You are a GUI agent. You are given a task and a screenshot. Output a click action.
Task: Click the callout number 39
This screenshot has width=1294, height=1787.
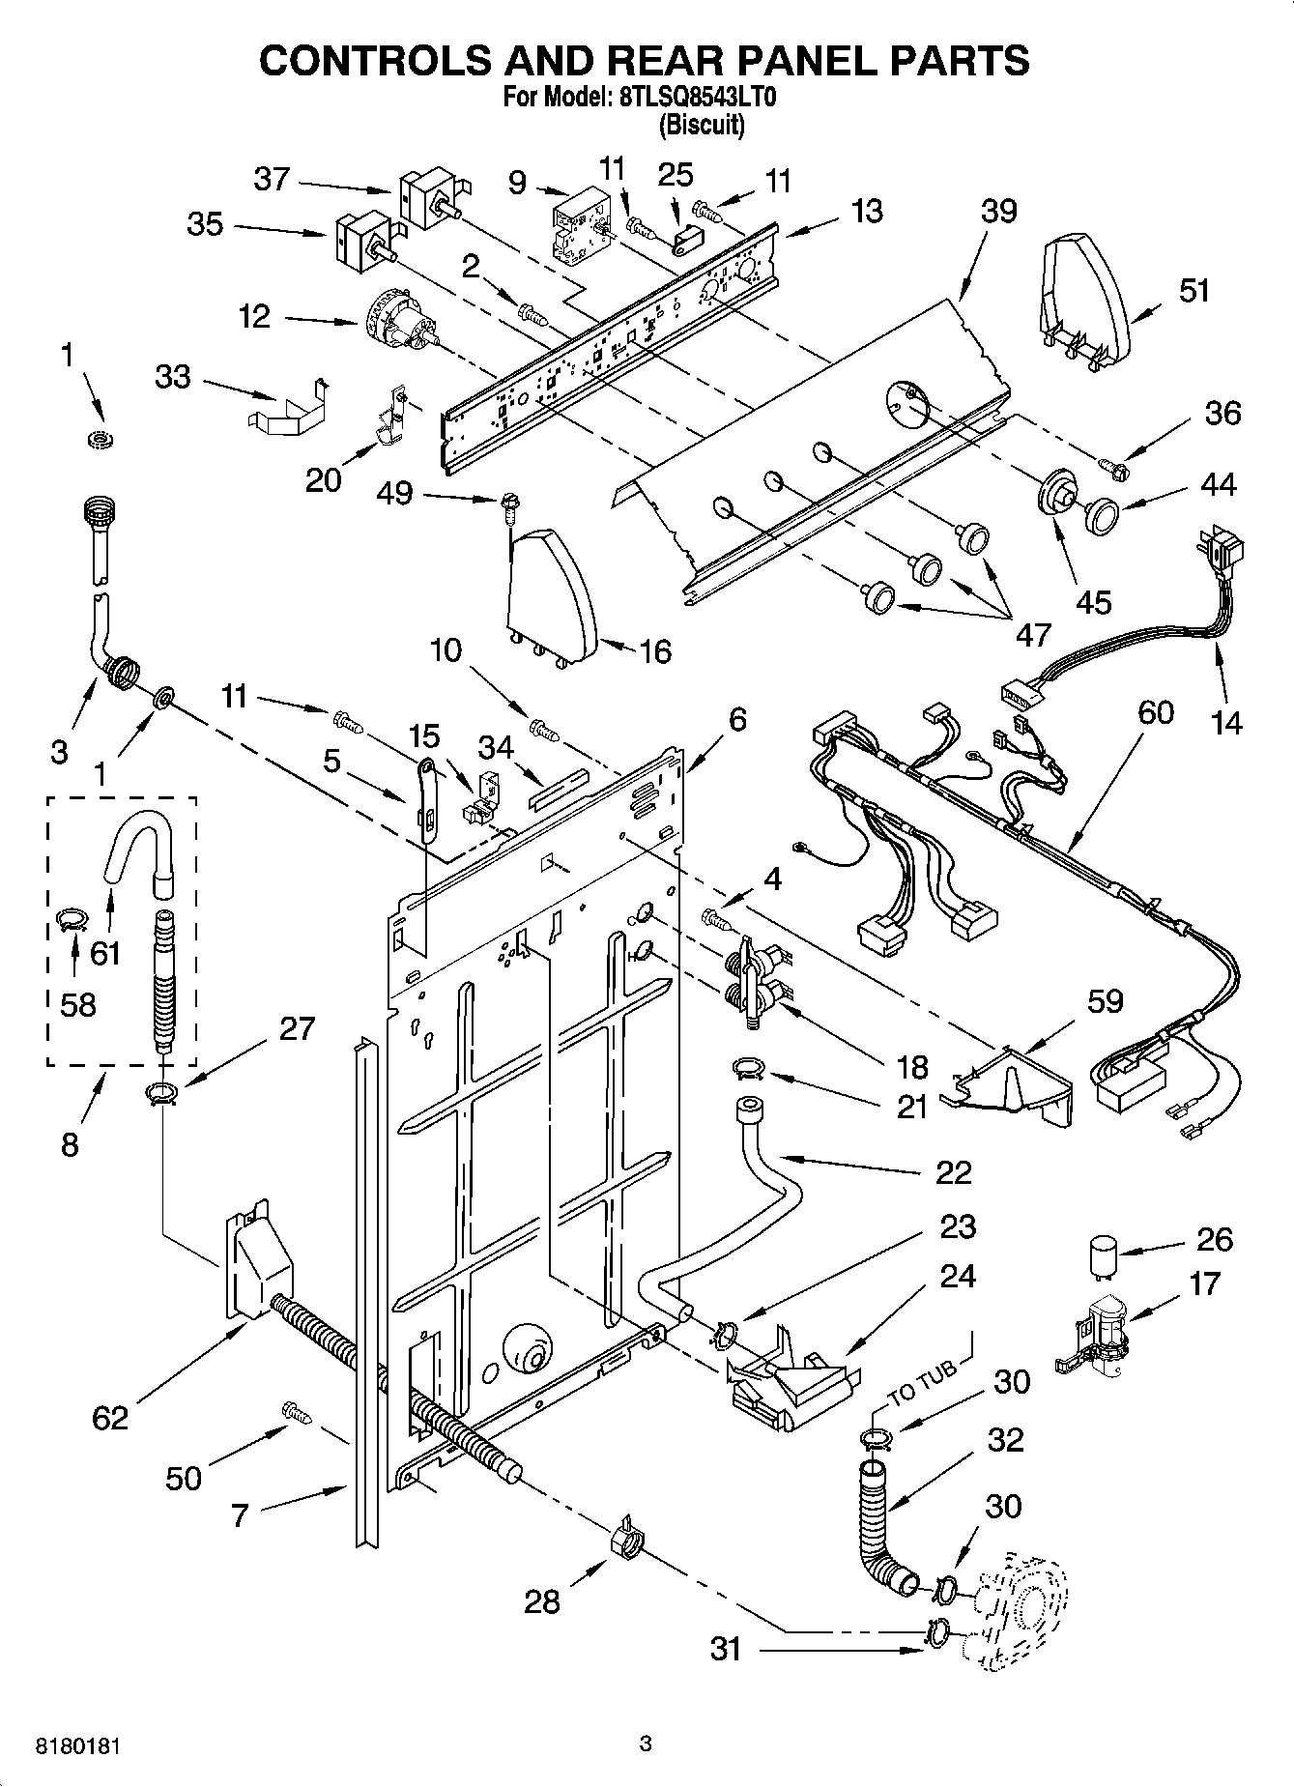point(999,210)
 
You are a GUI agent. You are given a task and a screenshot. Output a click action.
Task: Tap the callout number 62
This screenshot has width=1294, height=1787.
point(110,1417)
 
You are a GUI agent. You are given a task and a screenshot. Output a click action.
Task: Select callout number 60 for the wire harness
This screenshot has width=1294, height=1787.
point(1155,712)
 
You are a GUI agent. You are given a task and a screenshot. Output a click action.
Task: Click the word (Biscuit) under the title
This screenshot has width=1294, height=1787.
point(702,125)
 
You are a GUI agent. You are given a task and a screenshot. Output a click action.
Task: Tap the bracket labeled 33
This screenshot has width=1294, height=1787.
point(286,408)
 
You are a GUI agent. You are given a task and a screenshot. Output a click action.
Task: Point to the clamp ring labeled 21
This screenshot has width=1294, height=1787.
point(749,1068)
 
